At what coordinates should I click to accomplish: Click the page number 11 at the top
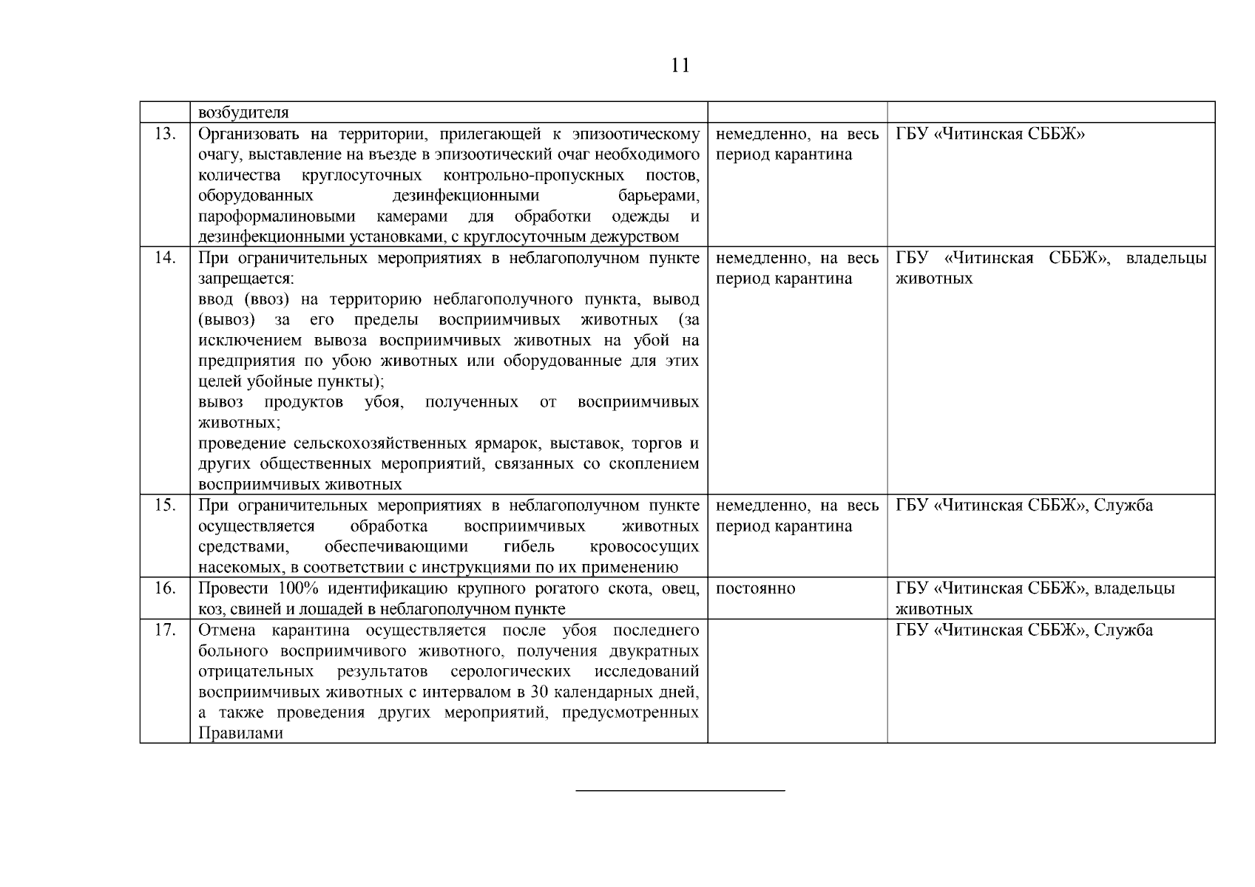680,66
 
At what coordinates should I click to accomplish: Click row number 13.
165,134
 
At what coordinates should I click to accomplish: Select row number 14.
165,258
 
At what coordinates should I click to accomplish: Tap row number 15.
165,506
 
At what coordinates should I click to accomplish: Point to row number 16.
165,588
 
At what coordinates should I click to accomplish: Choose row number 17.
165,631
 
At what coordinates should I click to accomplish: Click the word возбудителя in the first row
243,113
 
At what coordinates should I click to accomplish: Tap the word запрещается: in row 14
246,279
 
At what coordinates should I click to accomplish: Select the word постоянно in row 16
756,588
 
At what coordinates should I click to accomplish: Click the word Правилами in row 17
240,734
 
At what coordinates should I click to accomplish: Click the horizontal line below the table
680,791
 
